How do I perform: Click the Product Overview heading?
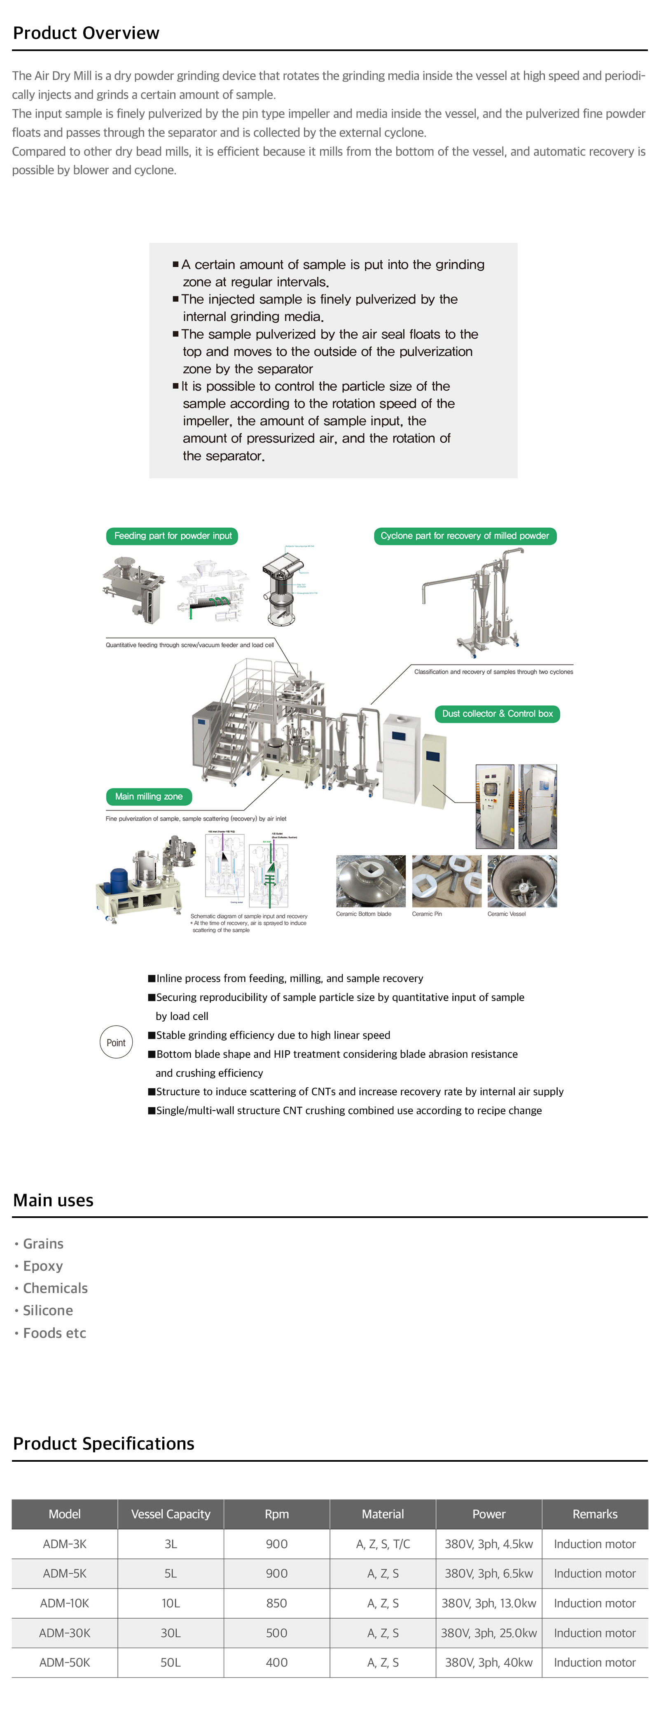[x=86, y=33]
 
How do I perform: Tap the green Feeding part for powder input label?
[x=172, y=536]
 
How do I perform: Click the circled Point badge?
[x=116, y=1042]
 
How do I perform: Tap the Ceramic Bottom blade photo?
[x=371, y=881]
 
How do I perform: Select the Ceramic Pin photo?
[x=446, y=881]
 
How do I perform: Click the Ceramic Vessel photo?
[x=522, y=881]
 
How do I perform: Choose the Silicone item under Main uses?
[x=48, y=1310]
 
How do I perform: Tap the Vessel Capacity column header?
[x=171, y=1514]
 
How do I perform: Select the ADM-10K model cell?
[x=64, y=1603]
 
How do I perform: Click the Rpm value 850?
[x=276, y=1603]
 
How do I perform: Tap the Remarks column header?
[x=595, y=1514]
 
